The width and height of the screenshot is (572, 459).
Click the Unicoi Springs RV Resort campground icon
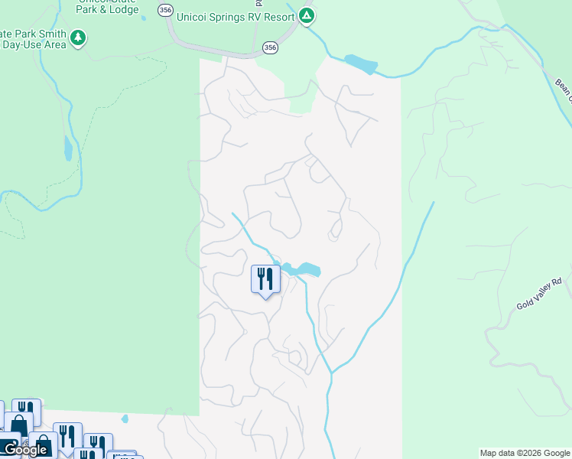[307, 15]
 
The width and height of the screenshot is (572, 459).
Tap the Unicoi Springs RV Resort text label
[236, 15]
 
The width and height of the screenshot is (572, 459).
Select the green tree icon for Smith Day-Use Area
[77, 37]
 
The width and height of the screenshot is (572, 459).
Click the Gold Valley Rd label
[539, 294]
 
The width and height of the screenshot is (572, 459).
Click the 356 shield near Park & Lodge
[165, 9]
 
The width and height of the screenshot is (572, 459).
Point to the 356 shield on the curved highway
[270, 47]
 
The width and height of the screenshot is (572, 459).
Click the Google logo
[25, 450]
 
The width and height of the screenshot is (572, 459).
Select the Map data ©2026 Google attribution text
[525, 453]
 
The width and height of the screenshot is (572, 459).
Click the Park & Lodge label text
[107, 9]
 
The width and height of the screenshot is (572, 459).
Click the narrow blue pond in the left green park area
[68, 148]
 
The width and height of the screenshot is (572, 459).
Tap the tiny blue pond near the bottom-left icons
[125, 418]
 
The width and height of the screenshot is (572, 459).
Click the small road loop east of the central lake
[335, 230]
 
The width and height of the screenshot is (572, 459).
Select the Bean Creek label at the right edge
[564, 90]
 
